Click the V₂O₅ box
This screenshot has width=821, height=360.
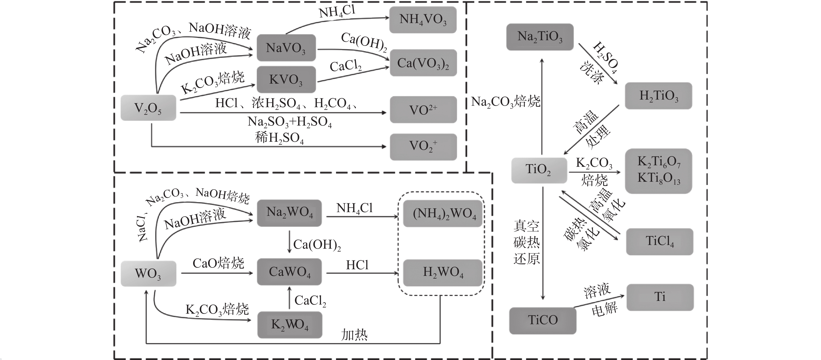[148, 108]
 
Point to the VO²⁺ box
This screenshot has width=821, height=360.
[423, 110]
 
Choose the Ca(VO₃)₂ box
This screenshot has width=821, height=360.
[423, 63]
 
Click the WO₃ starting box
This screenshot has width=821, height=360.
[148, 274]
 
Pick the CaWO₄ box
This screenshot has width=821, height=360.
[289, 272]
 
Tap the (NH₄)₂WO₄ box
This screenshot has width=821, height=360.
[443, 213]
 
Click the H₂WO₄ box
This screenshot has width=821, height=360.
[443, 272]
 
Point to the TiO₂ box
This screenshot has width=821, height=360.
[539, 170]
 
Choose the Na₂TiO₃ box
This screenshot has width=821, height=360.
[540, 37]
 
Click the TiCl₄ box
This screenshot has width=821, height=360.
[659, 242]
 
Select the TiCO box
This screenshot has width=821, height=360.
[543, 320]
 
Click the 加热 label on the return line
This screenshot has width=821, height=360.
[354, 334]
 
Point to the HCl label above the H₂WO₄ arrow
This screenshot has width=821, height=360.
[357, 265]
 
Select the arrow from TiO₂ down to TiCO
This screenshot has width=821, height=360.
[543, 242]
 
